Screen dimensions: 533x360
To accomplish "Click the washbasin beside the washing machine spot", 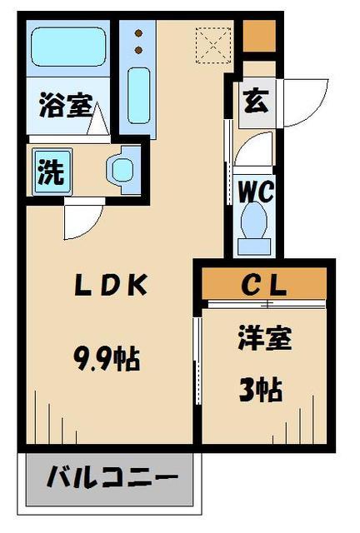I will [x=122, y=170].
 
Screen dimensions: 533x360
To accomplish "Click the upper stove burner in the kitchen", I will [x=138, y=35].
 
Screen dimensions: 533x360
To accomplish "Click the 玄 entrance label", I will [x=257, y=102].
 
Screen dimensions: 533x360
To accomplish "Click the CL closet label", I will [x=265, y=285].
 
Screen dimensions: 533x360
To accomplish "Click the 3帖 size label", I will [x=261, y=388].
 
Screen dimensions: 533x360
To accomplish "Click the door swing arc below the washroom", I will [x=83, y=218].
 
